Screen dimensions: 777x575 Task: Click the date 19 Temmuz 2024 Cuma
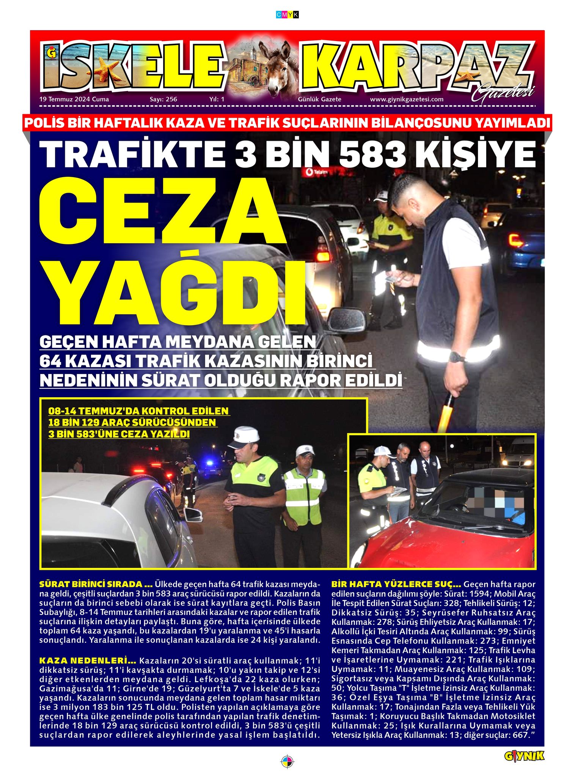[x=74, y=99]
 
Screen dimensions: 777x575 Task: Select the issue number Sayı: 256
[x=163, y=99]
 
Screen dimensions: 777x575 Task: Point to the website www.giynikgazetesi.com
[x=407, y=99]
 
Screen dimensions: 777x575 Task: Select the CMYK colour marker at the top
[x=287, y=15]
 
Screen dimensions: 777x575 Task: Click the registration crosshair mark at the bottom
[x=287, y=761]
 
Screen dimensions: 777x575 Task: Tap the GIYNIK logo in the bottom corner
[x=524, y=756]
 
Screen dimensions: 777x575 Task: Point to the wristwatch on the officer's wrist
[x=456, y=357]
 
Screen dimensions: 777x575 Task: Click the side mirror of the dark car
[x=346, y=320]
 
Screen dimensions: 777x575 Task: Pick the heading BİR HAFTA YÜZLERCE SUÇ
[x=396, y=584]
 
